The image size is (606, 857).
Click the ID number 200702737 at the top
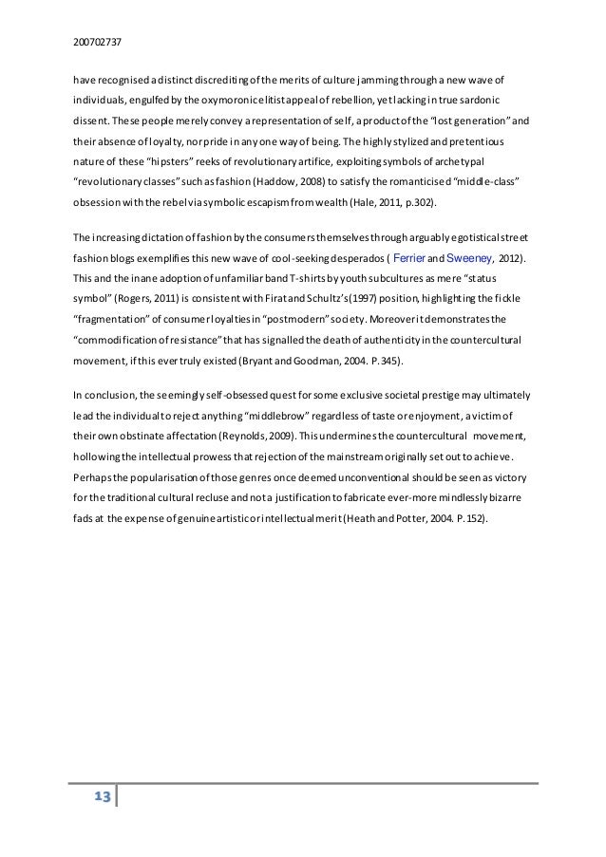pyautogui.click(x=95, y=42)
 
